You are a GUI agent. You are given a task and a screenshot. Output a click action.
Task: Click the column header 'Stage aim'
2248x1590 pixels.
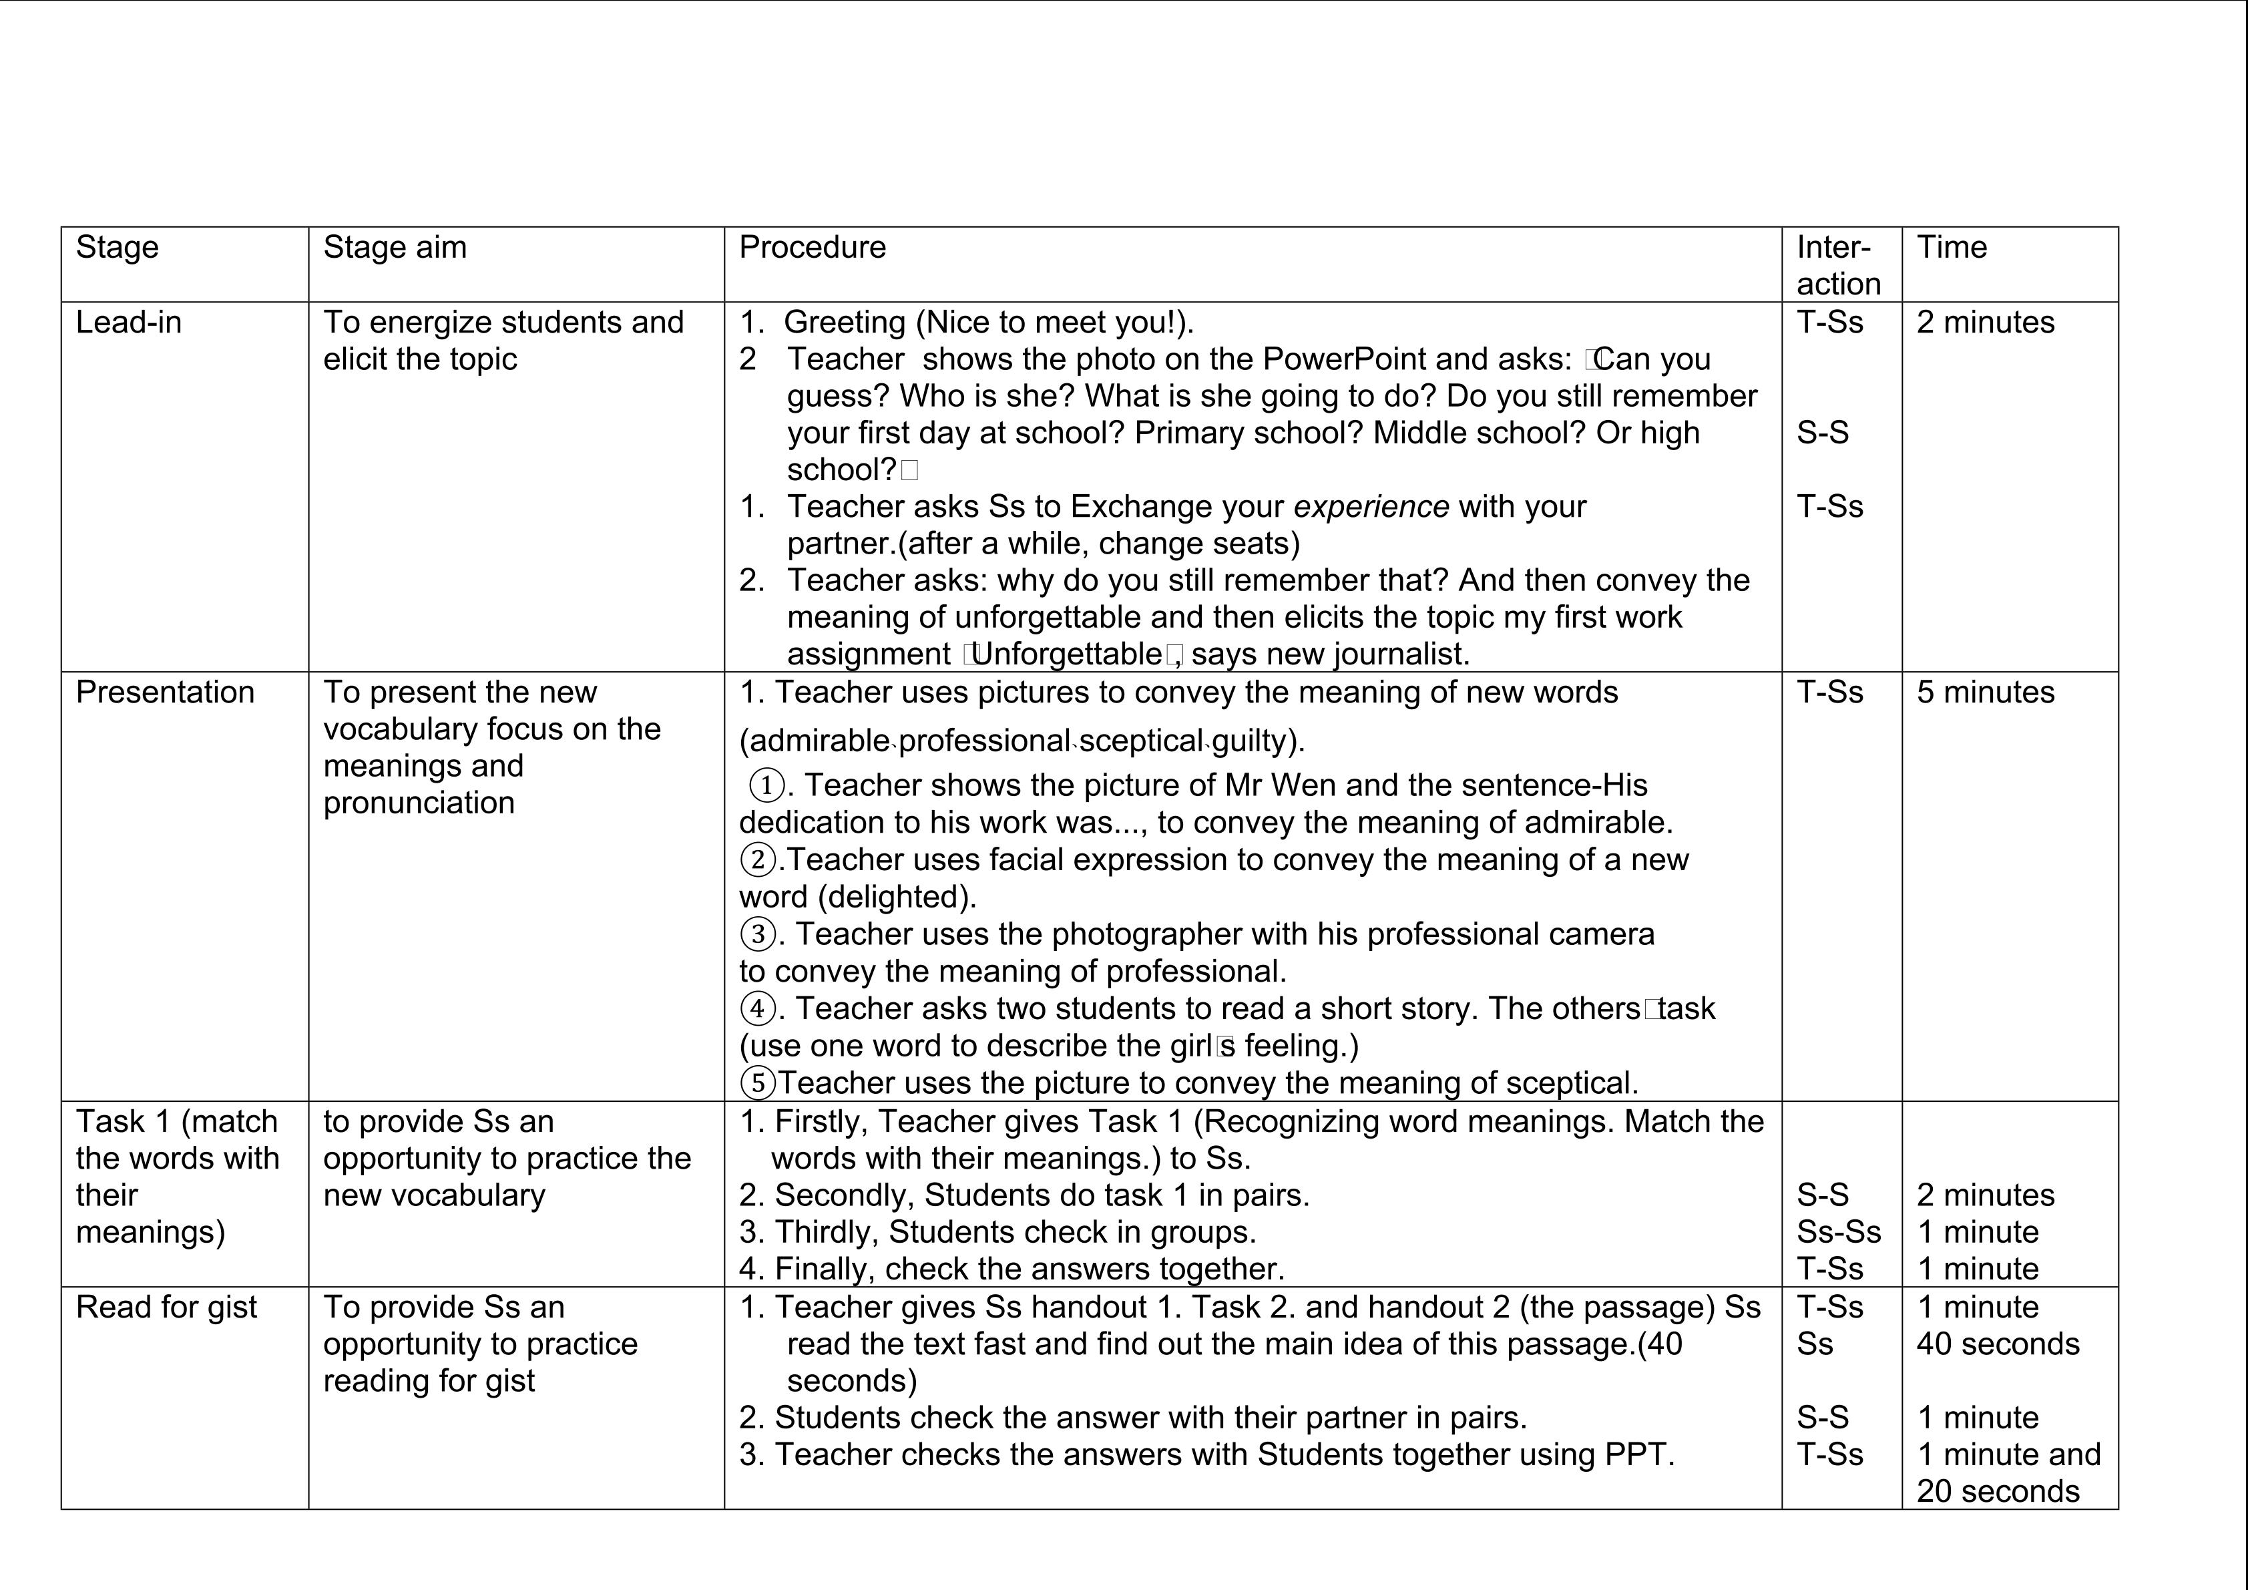395,248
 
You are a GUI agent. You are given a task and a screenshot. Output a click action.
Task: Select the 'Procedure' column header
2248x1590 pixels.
812,248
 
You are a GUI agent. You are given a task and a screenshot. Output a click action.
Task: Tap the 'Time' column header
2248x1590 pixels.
1952,248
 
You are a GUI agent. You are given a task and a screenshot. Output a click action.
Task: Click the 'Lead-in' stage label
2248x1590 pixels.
128,322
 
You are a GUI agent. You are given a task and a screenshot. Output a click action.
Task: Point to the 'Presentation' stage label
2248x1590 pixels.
164,692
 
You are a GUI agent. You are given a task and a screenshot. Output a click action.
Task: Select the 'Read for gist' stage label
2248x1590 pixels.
166,1307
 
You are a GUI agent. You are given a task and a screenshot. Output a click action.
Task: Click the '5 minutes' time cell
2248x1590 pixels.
1985,692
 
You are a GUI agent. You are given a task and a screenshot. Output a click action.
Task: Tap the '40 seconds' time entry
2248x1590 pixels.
1998,1344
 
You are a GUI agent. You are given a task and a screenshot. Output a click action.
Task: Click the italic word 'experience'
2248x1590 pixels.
1371,507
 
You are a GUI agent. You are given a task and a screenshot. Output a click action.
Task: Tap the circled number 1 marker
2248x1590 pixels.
766,785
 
